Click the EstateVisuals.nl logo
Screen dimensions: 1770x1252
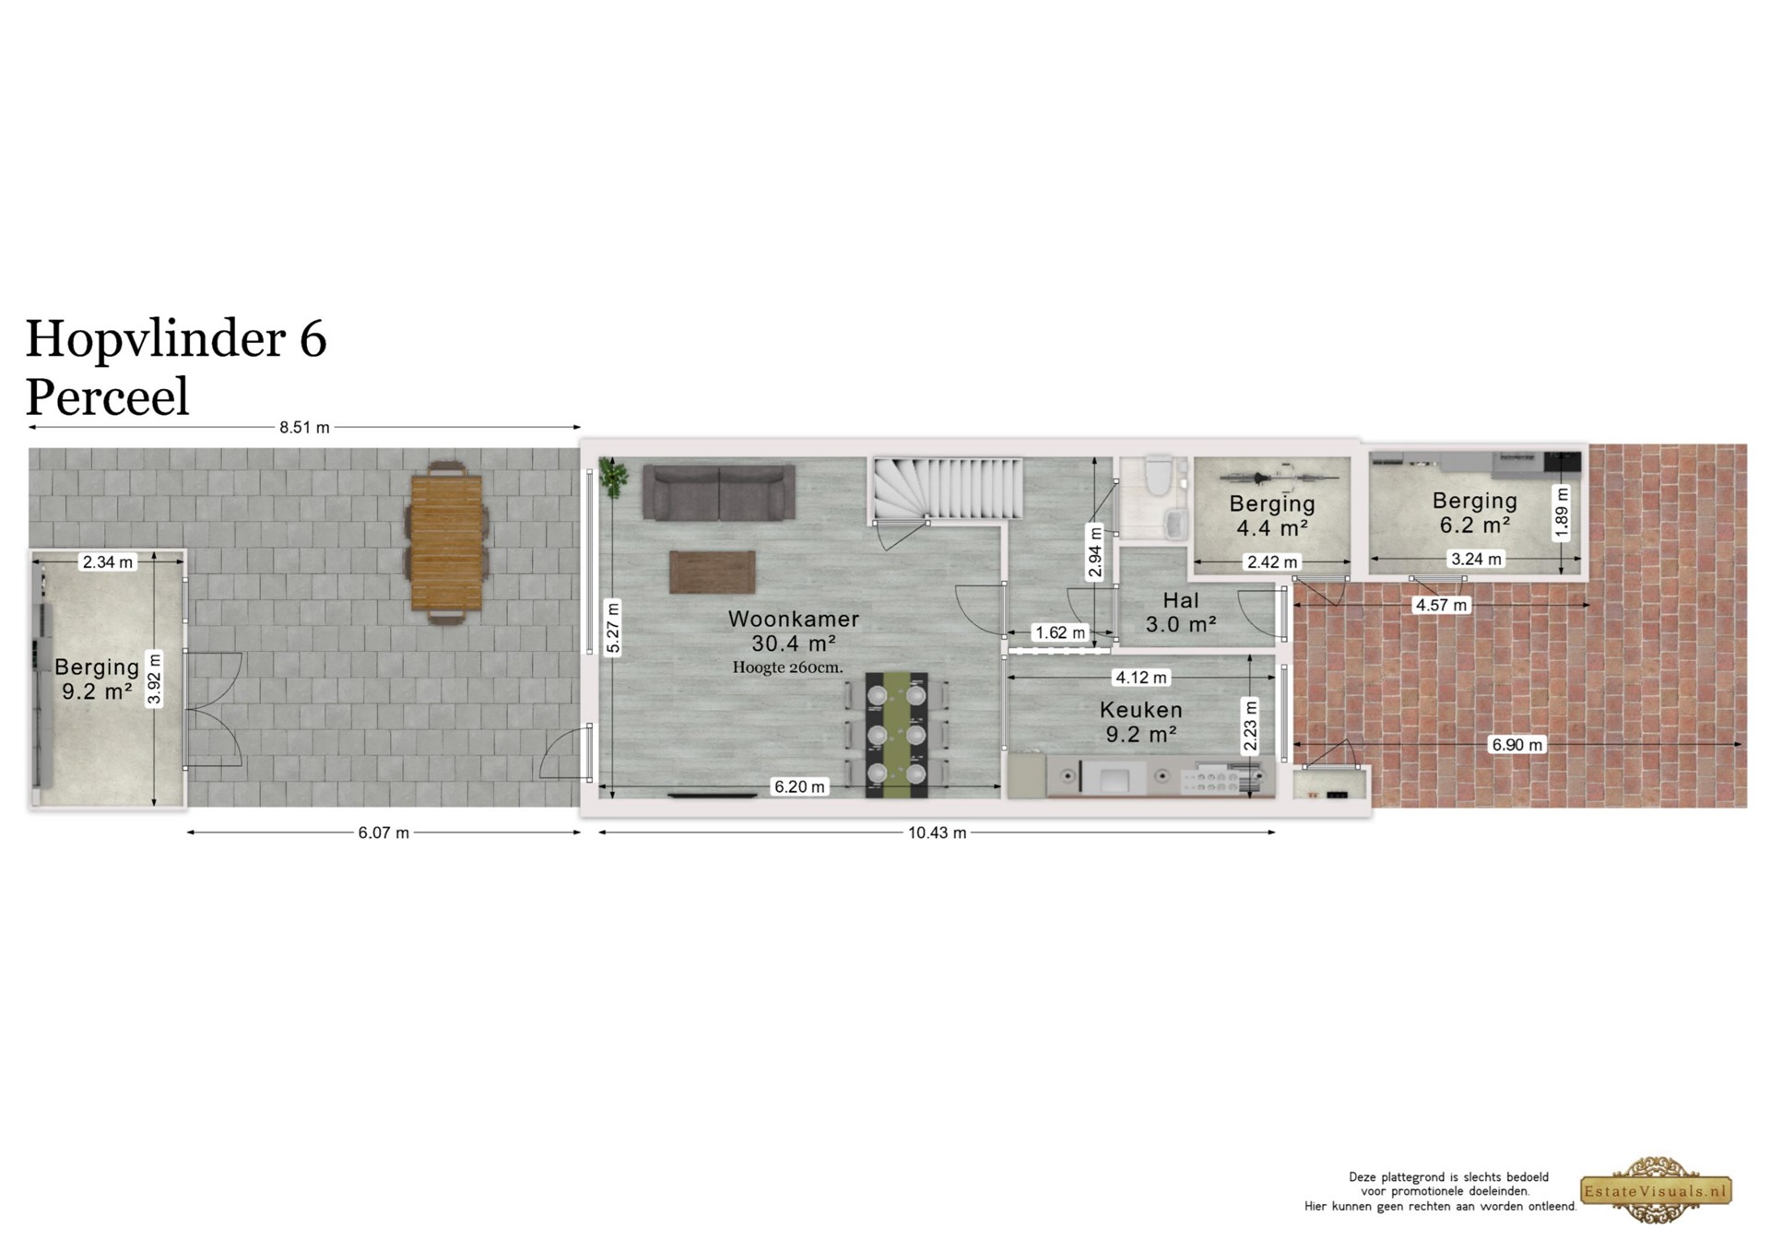[x=1657, y=1190]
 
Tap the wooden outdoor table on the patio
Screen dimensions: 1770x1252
[x=446, y=543]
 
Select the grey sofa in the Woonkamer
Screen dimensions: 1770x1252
[x=719, y=492]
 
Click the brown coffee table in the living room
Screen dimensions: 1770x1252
[x=713, y=572]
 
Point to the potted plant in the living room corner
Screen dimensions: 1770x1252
[x=612, y=477]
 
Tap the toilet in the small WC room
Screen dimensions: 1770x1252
[x=1155, y=473]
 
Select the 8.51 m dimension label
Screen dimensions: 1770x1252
[x=304, y=428]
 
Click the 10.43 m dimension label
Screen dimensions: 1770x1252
[x=938, y=833]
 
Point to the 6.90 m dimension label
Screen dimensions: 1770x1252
[x=1516, y=745]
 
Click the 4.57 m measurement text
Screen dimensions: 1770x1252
[x=1441, y=605]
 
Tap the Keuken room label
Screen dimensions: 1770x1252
[x=1140, y=710]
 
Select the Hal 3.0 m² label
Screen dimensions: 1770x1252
[x=1181, y=612]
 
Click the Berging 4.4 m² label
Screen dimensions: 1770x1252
[x=1272, y=515]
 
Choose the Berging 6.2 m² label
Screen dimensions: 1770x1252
[x=1475, y=513]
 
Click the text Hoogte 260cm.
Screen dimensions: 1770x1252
[x=787, y=667]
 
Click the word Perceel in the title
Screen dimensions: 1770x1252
[x=107, y=397]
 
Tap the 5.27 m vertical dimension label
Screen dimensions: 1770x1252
[x=613, y=627]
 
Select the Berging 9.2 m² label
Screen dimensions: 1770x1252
[x=97, y=679]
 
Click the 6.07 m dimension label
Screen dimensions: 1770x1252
[x=383, y=833]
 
